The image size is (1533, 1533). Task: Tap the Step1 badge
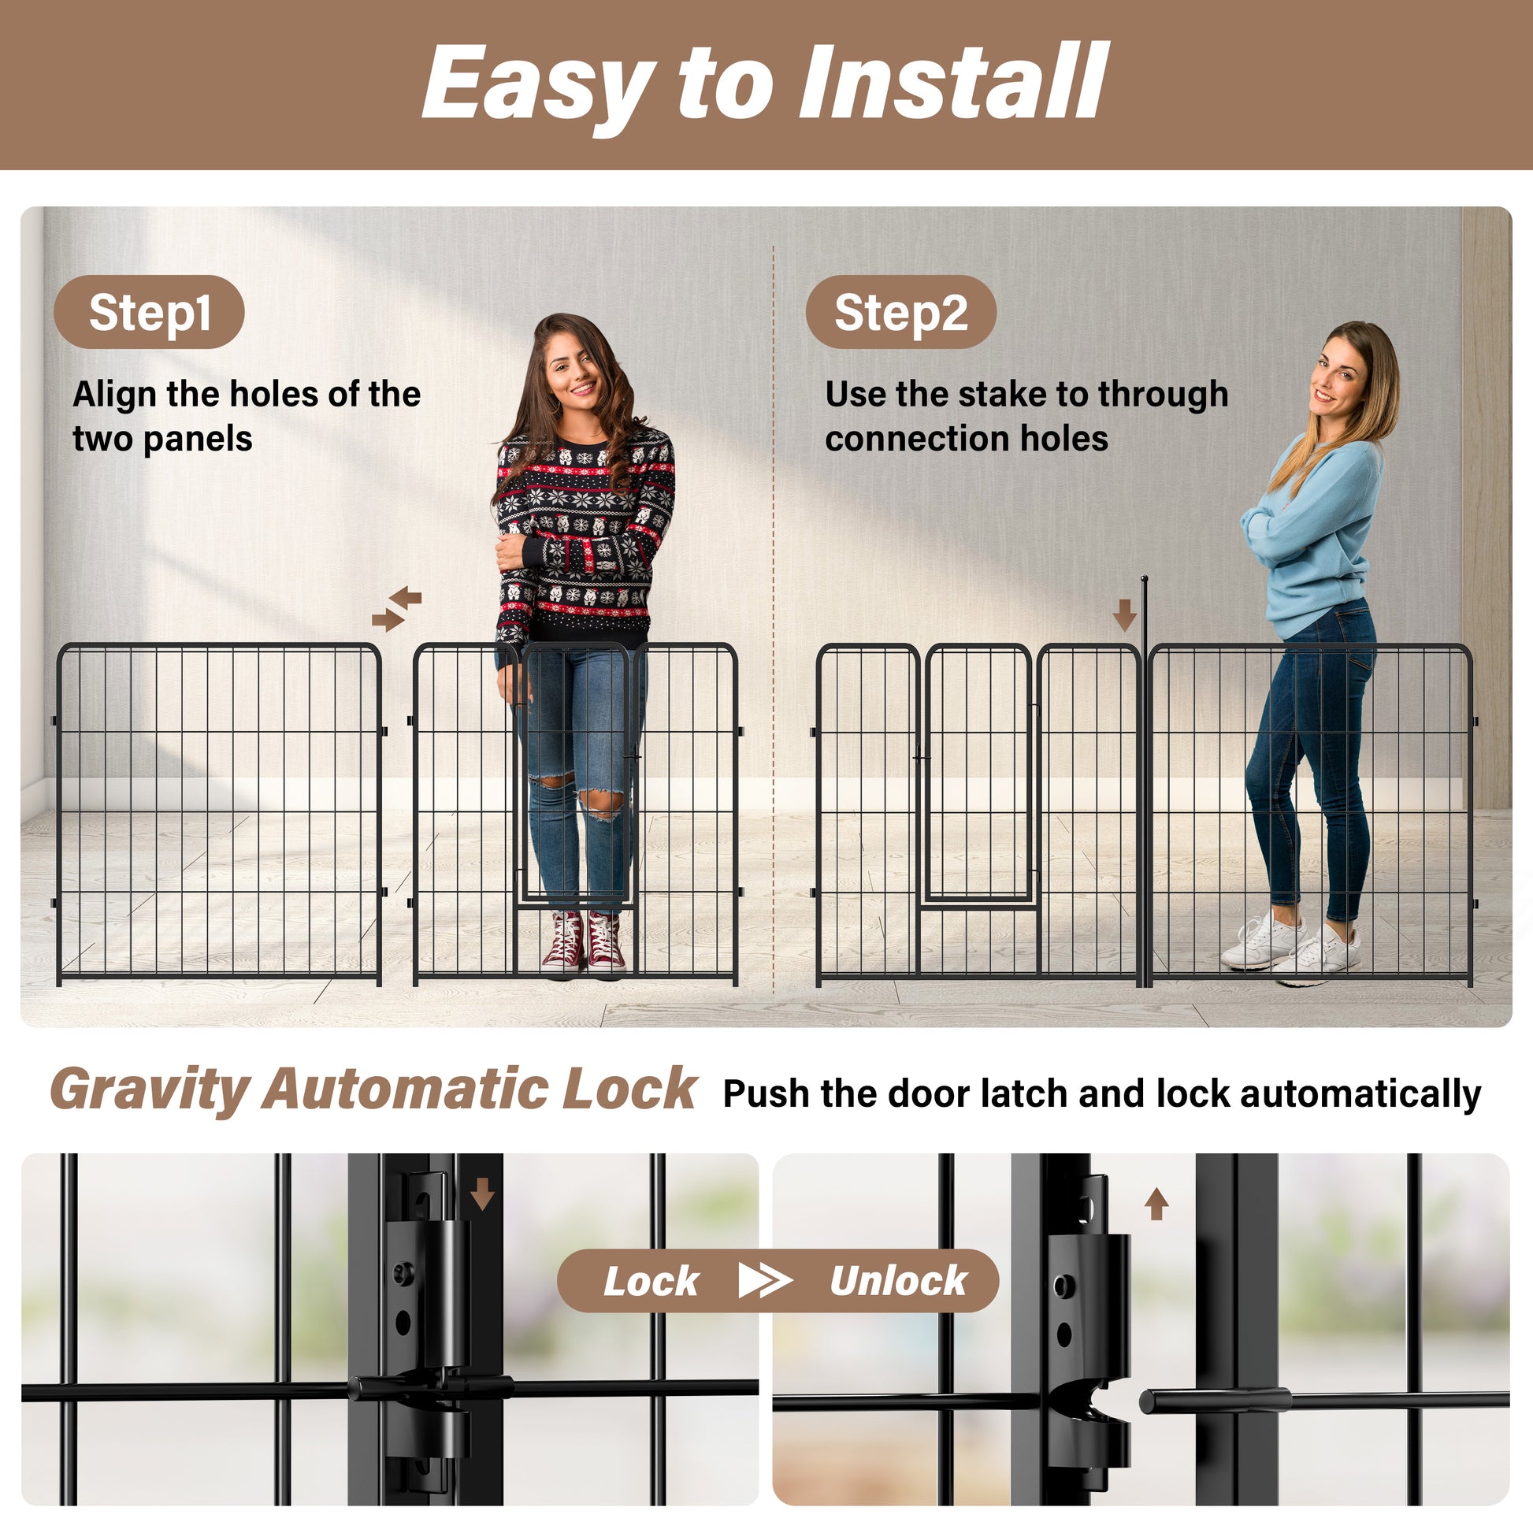click(149, 312)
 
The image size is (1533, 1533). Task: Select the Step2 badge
click(900, 312)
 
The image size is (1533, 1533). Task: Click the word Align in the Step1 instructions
click(115, 395)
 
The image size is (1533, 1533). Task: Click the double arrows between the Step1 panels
click(397, 609)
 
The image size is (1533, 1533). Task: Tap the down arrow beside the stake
click(1123, 615)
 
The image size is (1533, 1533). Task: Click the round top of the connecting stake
click(1144, 579)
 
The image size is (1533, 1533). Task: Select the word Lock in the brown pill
click(651, 1282)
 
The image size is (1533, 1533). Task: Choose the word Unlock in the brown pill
click(898, 1282)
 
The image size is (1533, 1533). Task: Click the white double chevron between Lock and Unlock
click(764, 1281)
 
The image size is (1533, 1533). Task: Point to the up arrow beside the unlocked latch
click(1156, 1204)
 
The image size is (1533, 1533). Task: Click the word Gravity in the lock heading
click(150, 1090)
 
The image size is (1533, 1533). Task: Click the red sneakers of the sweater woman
click(584, 943)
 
